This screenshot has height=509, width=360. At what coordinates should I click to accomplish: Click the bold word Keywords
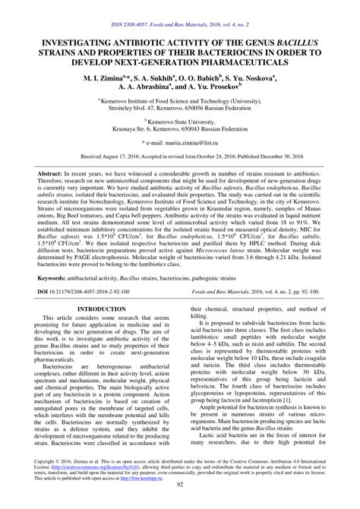(47, 321)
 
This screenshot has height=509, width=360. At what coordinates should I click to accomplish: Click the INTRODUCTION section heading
(100, 352)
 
